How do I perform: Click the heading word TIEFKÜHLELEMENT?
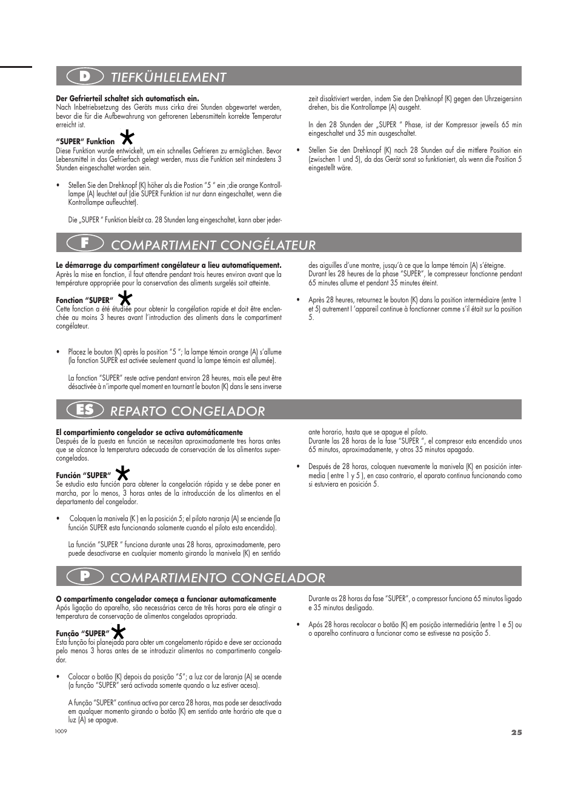168,77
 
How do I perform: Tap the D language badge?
85,76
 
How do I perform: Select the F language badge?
85,244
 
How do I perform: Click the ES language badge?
85,410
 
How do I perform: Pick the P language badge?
85,577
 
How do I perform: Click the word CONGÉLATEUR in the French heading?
269,244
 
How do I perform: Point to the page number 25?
516,732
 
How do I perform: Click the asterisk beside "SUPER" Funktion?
127,136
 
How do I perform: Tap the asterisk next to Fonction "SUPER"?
125,298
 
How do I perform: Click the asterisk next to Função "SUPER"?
119,631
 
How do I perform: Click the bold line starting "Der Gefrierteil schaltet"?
127,98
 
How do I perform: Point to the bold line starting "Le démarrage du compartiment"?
168,265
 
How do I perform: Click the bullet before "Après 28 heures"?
298,300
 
